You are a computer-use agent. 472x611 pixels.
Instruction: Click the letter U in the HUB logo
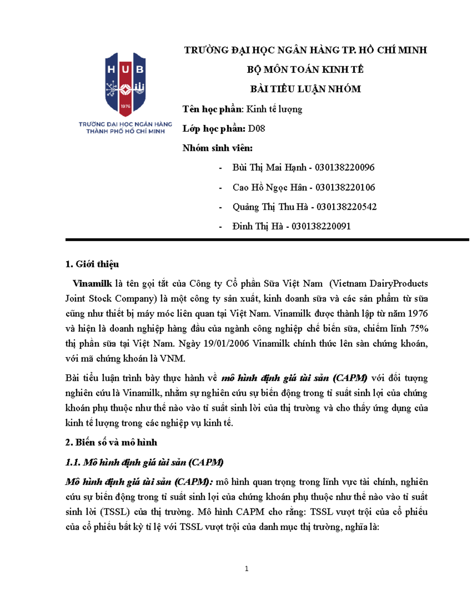click(x=125, y=70)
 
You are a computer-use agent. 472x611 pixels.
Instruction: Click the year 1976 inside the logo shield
click(x=125, y=106)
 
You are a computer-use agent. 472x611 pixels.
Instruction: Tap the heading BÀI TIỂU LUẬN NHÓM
click(x=305, y=89)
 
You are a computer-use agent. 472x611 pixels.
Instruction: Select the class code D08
click(x=256, y=129)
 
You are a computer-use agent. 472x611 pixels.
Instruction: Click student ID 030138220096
click(x=345, y=168)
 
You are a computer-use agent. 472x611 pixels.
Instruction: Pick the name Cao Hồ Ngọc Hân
click(x=269, y=187)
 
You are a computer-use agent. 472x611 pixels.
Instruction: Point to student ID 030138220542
click(x=347, y=207)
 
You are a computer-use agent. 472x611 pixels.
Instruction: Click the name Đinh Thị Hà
click(x=258, y=226)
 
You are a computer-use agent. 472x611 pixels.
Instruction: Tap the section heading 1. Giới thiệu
click(x=92, y=264)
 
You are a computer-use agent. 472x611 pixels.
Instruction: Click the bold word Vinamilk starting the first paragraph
click(x=92, y=284)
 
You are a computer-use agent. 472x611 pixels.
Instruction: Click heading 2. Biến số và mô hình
click(x=111, y=443)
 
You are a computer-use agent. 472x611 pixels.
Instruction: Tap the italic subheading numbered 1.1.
click(x=144, y=462)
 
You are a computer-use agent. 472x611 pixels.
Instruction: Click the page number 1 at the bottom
click(x=247, y=569)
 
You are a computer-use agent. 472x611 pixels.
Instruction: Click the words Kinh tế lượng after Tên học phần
click(x=274, y=109)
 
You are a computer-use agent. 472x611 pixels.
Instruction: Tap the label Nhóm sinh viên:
click(x=217, y=148)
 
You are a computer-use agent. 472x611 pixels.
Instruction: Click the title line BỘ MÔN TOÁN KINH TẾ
click(x=305, y=70)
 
